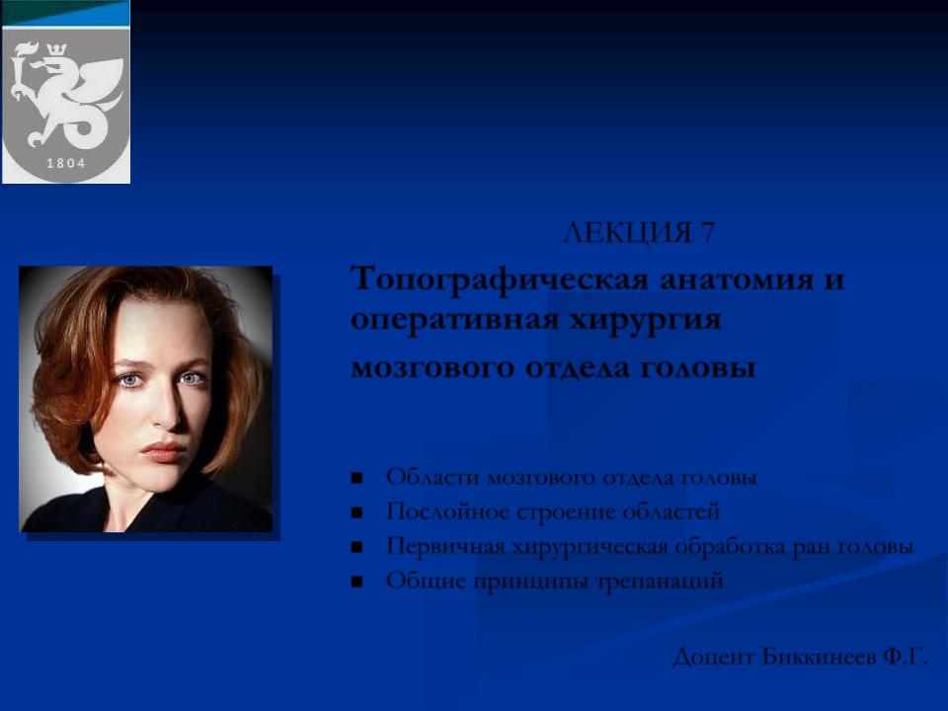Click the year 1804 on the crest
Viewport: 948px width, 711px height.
66,163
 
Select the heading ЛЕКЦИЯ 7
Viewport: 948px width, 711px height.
639,233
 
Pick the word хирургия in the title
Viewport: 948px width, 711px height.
646,320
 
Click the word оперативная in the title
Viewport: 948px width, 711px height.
454,320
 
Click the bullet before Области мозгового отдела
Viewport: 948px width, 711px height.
356,479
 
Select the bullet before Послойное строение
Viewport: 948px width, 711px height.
356,513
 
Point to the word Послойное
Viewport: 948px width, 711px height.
447,512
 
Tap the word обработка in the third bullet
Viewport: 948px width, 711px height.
738,546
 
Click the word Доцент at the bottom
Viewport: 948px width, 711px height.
713,657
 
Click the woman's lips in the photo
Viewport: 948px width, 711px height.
163,451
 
